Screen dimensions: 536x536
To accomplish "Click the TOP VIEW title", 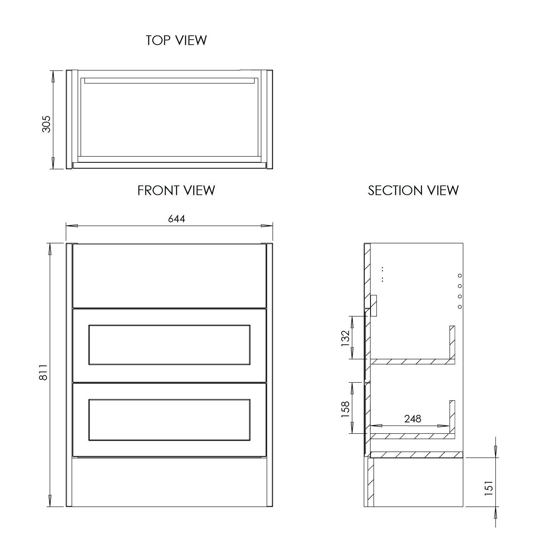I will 176,40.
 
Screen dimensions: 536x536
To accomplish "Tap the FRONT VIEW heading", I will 176,190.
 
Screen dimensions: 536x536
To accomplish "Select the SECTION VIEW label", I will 413,190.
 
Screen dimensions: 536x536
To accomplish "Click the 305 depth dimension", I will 47,124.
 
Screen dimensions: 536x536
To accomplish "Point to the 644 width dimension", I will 177,219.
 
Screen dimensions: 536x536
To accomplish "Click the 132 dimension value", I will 345,338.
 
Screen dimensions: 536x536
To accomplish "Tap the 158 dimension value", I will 345,410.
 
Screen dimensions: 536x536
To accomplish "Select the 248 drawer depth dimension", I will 413,418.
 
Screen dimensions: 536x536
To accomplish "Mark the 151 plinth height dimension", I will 489,488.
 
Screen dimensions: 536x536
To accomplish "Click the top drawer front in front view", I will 169,276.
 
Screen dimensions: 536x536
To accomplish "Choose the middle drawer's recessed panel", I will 169,345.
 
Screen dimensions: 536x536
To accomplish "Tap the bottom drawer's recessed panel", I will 169,420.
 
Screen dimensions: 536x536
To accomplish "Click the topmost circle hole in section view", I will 460,276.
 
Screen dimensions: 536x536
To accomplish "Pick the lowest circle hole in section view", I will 460,307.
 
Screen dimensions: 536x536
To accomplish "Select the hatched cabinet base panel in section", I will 416,455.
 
